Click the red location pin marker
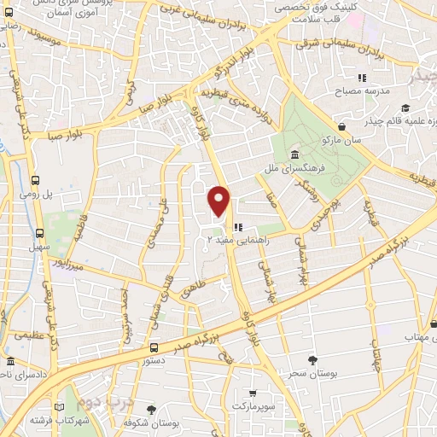220,201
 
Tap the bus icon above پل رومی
36,180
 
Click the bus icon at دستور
154,348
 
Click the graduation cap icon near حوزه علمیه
405,108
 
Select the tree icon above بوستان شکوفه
151,411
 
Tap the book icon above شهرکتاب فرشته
60,407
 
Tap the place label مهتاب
417,337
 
